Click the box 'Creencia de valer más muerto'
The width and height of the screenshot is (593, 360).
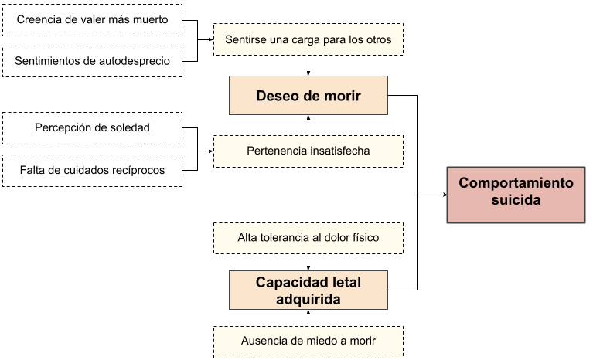pos(92,20)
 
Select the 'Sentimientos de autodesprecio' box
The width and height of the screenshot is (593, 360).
pos(92,61)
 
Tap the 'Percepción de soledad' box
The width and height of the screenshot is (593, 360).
pos(92,127)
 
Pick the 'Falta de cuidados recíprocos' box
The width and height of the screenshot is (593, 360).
pos(92,170)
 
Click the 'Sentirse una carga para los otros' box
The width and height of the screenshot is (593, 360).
pos(308,39)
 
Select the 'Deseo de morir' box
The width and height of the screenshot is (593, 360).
pos(308,96)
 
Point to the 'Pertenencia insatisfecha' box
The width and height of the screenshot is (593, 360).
pos(308,151)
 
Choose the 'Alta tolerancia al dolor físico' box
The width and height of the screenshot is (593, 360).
pos(308,238)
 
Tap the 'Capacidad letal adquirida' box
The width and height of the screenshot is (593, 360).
pos(308,290)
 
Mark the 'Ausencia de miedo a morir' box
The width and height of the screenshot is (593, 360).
pos(308,341)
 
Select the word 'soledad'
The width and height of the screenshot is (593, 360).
pos(130,127)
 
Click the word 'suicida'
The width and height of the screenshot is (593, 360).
pos(516,200)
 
